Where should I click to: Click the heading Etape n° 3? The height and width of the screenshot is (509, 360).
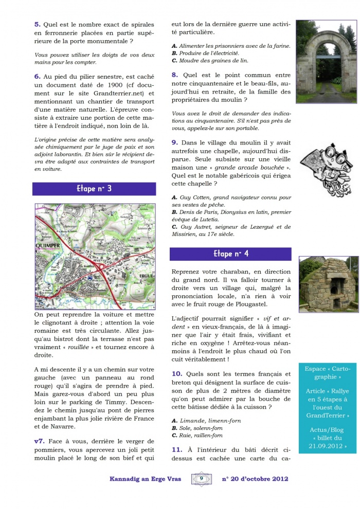94,189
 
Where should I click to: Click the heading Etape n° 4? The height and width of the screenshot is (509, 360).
230,254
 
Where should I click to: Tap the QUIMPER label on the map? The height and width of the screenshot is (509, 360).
48,246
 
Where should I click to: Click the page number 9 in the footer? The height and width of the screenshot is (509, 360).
202,479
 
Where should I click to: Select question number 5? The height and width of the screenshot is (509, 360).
38,24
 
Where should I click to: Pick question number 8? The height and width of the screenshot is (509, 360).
175,75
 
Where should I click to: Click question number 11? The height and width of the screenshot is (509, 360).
176,449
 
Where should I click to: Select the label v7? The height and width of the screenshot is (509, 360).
39,441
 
